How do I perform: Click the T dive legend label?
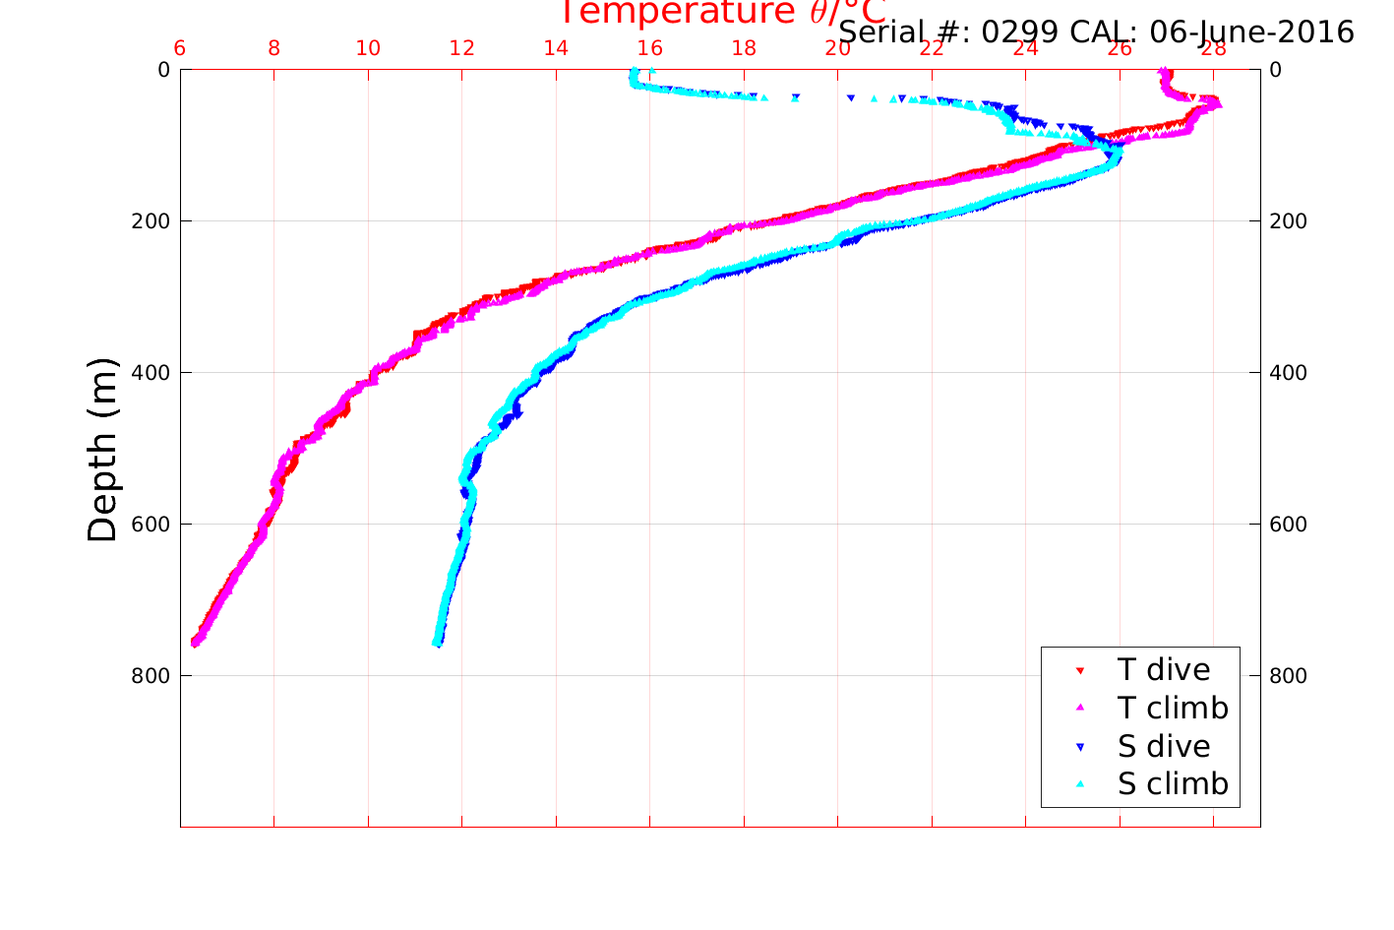[x=1164, y=670]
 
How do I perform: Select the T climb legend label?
[x=1173, y=709]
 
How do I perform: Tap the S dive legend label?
[x=1164, y=747]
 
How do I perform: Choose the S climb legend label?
[x=1173, y=784]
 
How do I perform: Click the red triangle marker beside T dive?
[x=1080, y=671]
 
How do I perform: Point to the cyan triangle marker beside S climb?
[x=1080, y=784]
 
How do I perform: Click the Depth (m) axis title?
[x=102, y=450]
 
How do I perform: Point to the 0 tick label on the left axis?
[x=163, y=70]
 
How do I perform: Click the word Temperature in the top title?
[x=677, y=12]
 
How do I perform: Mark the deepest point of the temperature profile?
[x=195, y=643]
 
